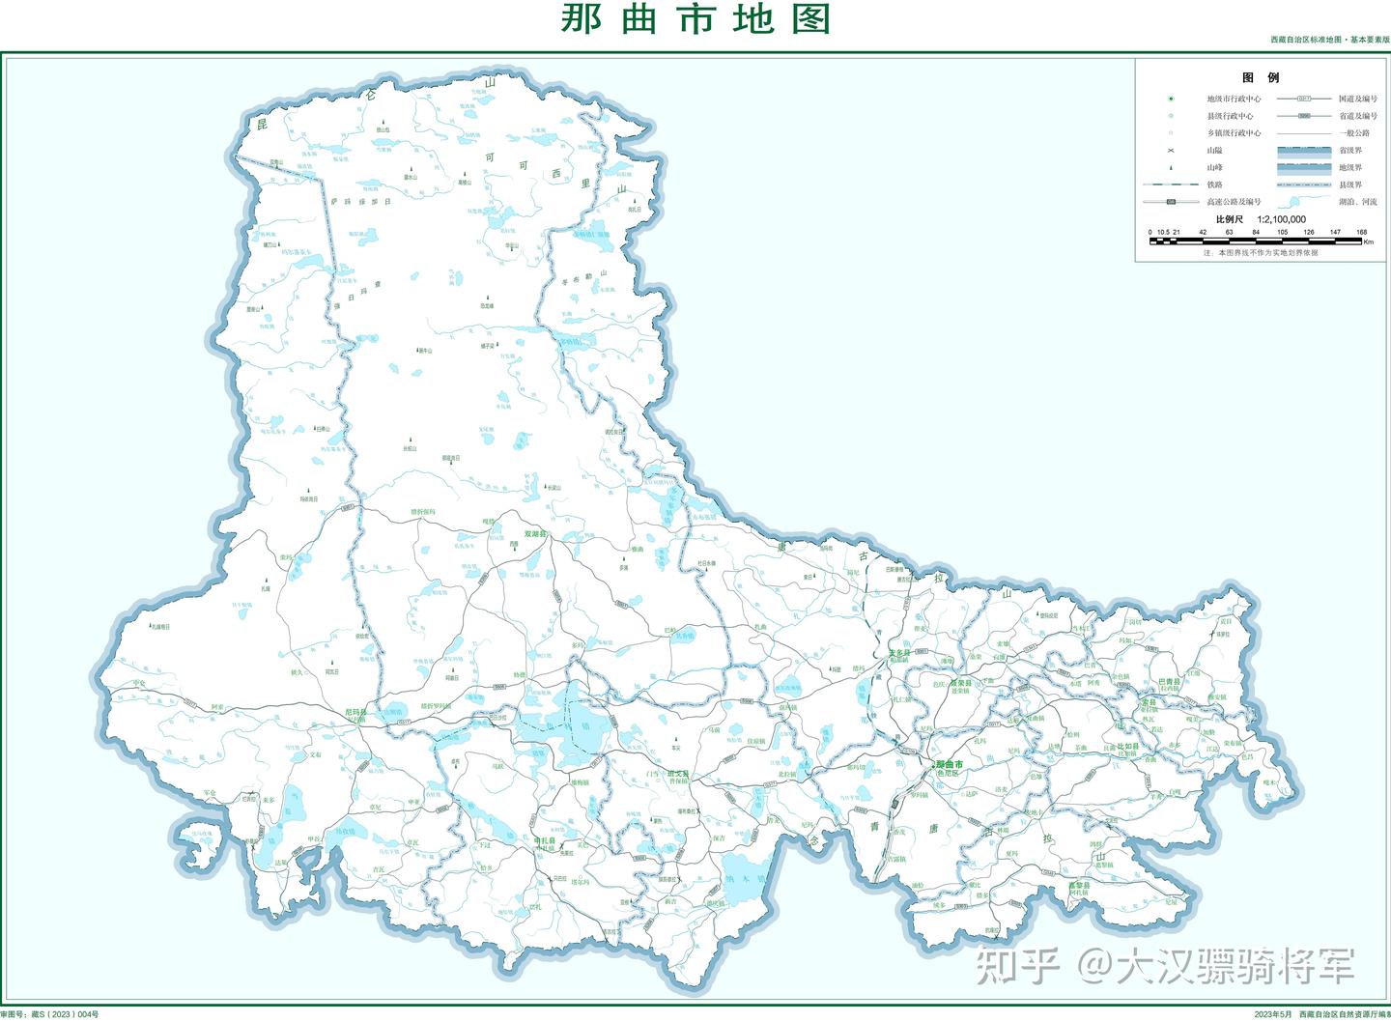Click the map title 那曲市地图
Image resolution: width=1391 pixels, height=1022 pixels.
tap(695, 18)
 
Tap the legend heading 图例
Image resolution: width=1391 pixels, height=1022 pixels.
tap(1260, 77)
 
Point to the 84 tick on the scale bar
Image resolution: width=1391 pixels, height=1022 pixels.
tap(1256, 232)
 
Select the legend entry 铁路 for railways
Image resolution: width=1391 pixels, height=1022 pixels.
tap(1214, 185)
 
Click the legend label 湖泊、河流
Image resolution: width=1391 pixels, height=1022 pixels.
tap(1357, 202)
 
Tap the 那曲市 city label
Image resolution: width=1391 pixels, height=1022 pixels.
tap(950, 764)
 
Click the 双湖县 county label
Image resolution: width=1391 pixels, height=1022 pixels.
tap(535, 533)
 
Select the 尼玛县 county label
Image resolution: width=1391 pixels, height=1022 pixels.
tap(358, 711)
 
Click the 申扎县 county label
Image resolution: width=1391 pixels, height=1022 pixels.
tap(546, 840)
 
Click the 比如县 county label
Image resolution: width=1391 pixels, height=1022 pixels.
tap(1127, 747)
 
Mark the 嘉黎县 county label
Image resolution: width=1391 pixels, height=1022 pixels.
tap(1079, 885)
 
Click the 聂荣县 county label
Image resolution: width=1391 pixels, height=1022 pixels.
tap(960, 683)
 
